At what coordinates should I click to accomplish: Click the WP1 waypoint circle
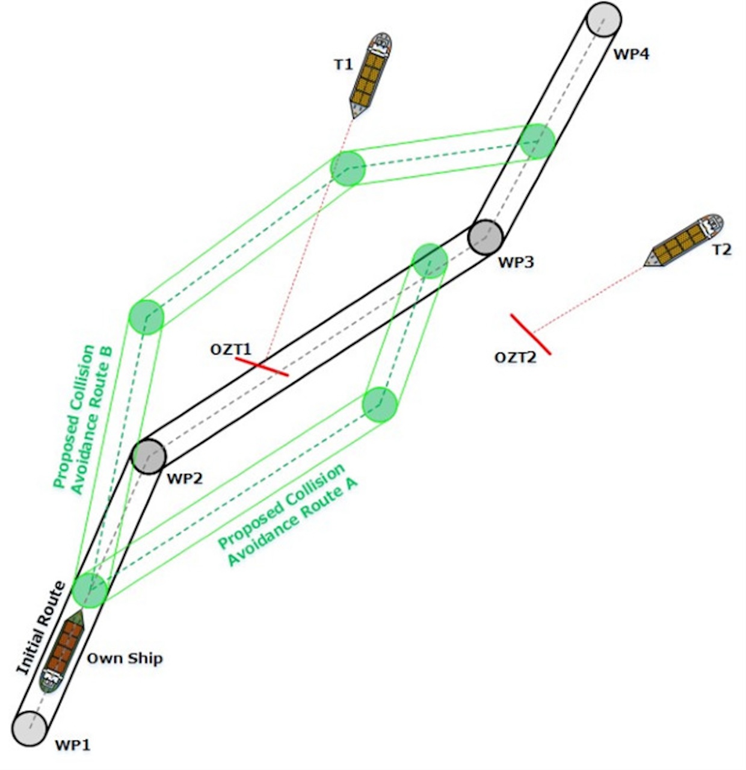[29, 728]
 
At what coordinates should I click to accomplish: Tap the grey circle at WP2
[149, 456]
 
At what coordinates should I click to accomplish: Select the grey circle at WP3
[486, 237]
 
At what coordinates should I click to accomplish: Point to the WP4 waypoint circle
[603, 19]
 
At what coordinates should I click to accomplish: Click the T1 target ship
[370, 75]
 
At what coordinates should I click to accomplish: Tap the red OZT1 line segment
[262, 367]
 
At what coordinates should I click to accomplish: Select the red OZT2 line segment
[530, 334]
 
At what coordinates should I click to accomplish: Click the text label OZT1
[231, 350]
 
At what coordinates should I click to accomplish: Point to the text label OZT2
[516, 358]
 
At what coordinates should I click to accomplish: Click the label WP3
[516, 262]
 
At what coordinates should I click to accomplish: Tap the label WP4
[631, 54]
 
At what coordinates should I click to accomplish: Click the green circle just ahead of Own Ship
[90, 590]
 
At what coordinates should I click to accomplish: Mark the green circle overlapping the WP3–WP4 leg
[537, 141]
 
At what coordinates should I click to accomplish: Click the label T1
[343, 64]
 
